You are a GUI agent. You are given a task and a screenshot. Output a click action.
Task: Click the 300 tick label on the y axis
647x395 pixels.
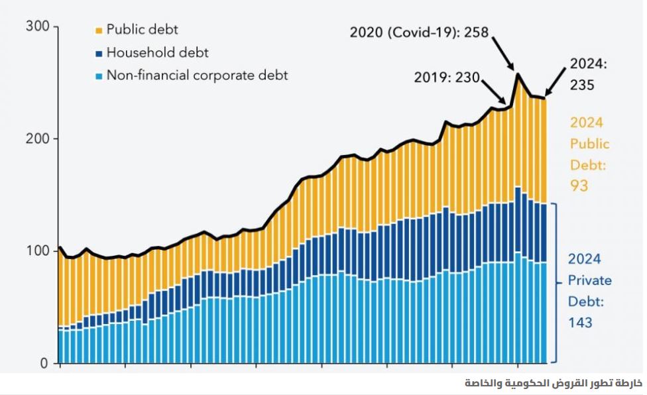(x=37, y=26)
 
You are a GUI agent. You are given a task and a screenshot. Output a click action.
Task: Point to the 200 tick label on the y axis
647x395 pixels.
(x=37, y=139)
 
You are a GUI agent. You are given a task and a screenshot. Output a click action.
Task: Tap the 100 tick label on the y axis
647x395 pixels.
(x=37, y=251)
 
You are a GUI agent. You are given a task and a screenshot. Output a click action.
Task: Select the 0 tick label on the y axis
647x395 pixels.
(x=44, y=363)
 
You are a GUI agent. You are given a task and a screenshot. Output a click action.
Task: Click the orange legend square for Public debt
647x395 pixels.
(x=98, y=30)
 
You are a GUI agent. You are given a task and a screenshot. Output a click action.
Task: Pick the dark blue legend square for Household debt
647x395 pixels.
(x=98, y=53)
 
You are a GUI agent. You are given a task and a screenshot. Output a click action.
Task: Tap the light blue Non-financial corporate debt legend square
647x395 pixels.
(x=98, y=76)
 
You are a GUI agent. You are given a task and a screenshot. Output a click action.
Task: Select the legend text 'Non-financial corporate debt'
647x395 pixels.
(x=197, y=76)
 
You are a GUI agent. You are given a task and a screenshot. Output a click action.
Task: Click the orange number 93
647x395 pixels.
(x=579, y=186)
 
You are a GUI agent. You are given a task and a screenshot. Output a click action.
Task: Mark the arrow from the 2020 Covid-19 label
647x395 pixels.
(x=503, y=52)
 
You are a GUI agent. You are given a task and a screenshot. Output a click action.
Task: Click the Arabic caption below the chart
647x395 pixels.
(x=554, y=384)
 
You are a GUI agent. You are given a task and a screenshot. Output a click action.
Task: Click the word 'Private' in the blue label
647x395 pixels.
(x=589, y=280)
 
